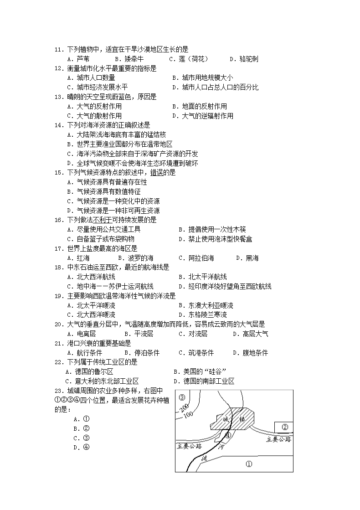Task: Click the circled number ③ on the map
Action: (x=182, y=397)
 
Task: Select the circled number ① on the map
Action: (x=248, y=464)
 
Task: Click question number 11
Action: (x=59, y=49)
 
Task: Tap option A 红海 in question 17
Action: (x=78, y=258)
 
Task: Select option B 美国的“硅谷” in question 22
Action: (x=201, y=371)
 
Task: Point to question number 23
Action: (x=59, y=391)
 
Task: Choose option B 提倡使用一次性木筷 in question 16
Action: (x=212, y=229)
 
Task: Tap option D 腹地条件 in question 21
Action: (x=250, y=353)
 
